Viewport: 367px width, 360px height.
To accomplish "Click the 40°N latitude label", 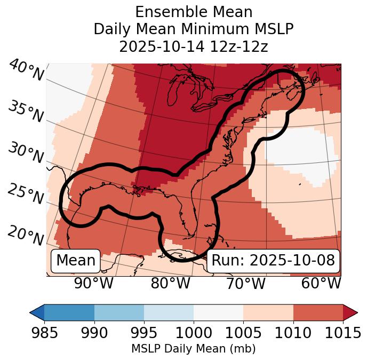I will click(26, 71).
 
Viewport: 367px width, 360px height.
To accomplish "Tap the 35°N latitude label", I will click(25, 112).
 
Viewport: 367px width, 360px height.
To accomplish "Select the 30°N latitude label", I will click(25, 153).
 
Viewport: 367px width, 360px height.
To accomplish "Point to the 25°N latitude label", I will click(25, 194).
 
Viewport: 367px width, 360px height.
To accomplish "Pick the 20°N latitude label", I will click(25, 235).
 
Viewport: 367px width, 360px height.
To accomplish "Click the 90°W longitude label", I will click(94, 283).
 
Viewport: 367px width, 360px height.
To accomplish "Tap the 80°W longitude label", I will click(170, 283).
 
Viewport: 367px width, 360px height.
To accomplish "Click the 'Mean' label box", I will click(76, 261).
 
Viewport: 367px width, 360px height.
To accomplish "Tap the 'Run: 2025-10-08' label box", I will click(273, 261).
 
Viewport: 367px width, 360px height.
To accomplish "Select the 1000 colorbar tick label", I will click(194, 333).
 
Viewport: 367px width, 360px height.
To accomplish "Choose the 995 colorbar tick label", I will click(143, 333).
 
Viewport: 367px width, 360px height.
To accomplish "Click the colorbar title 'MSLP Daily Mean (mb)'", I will click(193, 349).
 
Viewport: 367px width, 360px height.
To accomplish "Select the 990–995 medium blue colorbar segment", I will click(119, 312).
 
